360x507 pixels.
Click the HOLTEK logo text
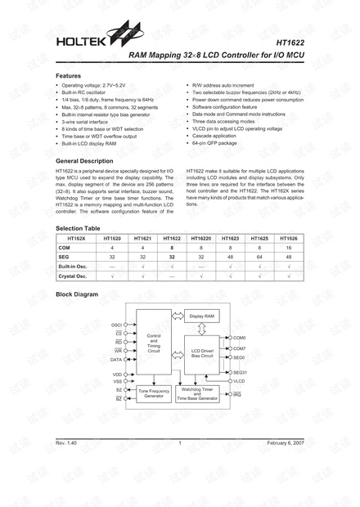click(77, 39)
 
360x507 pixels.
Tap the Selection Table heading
click(78, 227)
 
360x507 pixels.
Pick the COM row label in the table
click(65, 246)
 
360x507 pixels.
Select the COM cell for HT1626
click(289, 246)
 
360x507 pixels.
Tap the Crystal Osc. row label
click(73, 276)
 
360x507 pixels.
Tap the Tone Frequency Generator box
click(153, 393)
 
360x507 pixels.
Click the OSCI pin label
click(117, 325)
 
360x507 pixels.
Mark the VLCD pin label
click(239, 381)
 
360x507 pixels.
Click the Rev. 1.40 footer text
click(66, 442)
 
